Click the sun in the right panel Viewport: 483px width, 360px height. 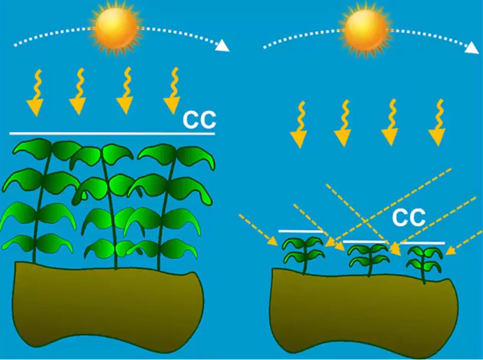(364, 26)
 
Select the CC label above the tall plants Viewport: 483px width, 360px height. (199, 120)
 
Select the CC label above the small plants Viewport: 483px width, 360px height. (409, 217)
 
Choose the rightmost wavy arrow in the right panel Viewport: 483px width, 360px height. (438, 123)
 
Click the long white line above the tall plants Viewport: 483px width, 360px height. (112, 134)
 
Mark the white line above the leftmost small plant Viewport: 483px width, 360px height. (300, 231)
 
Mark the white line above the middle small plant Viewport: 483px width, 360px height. (365, 242)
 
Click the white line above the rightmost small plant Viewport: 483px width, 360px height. (423, 243)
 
